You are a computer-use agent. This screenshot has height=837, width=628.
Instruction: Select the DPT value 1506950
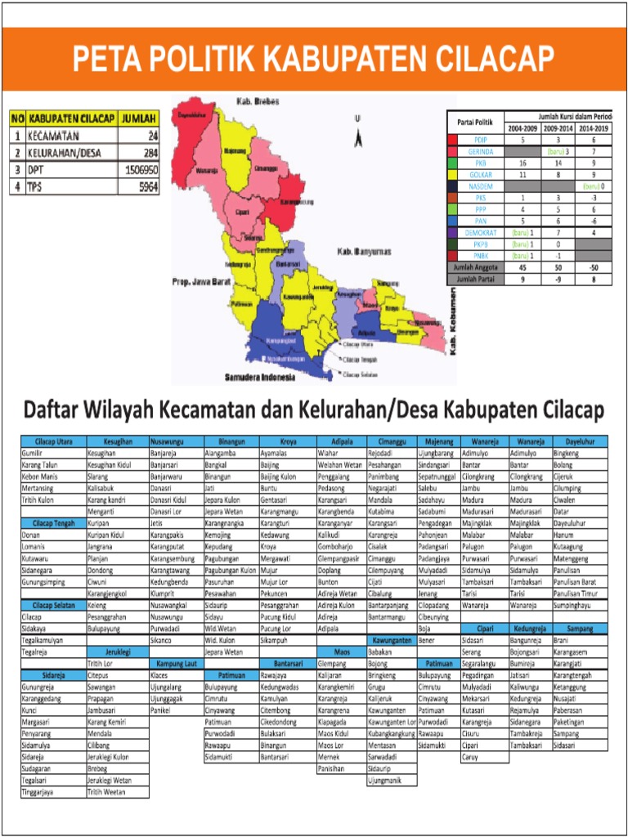(x=140, y=170)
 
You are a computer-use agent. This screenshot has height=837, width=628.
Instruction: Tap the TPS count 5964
(x=146, y=187)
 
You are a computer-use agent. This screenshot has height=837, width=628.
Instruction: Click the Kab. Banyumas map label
(x=366, y=252)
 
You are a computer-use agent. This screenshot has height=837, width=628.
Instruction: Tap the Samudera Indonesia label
(x=259, y=378)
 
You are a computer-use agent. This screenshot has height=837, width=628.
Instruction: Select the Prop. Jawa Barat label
(x=199, y=282)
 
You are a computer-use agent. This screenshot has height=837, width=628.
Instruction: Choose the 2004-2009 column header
(x=523, y=128)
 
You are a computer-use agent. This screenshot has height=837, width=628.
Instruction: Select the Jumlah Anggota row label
(x=475, y=266)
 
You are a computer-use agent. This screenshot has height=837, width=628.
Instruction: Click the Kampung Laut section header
(x=175, y=665)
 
